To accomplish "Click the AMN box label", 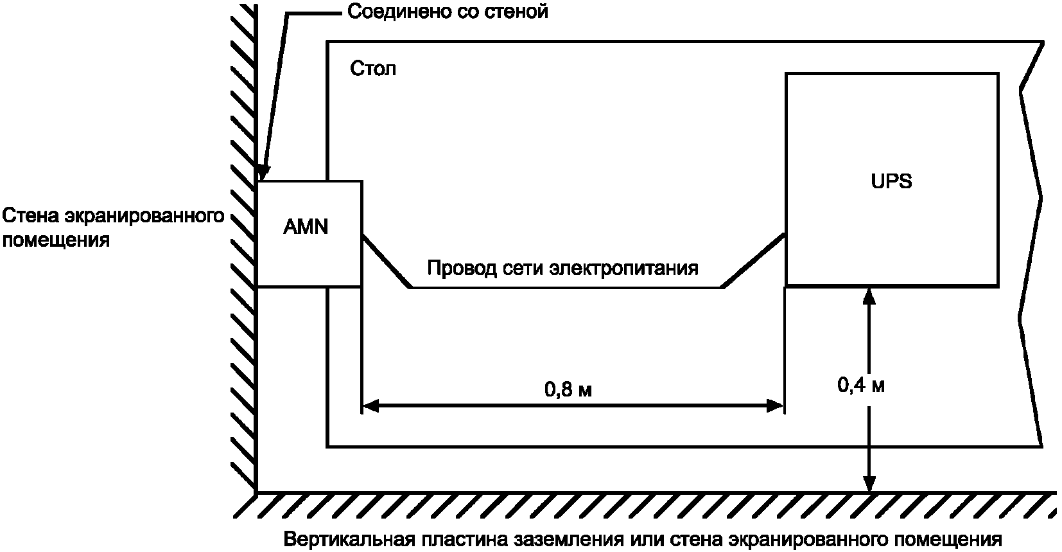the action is point(306,227).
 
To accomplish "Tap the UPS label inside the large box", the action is point(891,181).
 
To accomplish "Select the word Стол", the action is point(373,68).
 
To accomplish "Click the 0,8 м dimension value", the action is point(568,389).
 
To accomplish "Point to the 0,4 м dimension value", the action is point(861,386).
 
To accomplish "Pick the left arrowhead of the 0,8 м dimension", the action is point(370,405).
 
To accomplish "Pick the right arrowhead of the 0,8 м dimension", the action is point(775,405).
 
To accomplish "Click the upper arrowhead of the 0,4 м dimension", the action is point(869,295).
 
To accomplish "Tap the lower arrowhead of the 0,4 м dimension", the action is point(869,485).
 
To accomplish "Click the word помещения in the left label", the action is point(56,241).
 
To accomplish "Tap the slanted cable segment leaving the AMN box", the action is point(386,262).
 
